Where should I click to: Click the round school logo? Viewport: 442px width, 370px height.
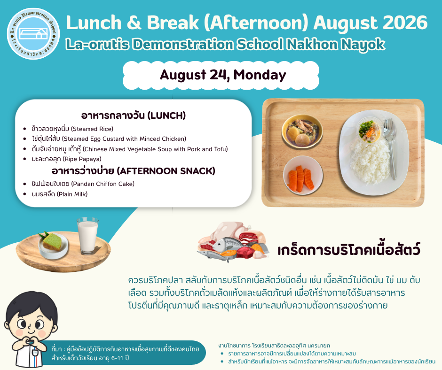[33, 33]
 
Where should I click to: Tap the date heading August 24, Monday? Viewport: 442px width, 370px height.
[223, 75]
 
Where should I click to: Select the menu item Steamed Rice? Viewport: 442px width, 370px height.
[72, 129]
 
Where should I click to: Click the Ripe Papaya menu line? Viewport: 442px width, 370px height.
[66, 159]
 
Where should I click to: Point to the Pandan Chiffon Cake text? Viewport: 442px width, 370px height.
[83, 184]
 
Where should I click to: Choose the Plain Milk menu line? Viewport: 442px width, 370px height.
[60, 194]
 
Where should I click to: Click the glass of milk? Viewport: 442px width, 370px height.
[87, 236]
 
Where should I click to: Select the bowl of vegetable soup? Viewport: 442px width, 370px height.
[302, 131]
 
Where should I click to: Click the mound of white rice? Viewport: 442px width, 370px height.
[370, 162]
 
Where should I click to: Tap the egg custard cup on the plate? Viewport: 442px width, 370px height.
[369, 131]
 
